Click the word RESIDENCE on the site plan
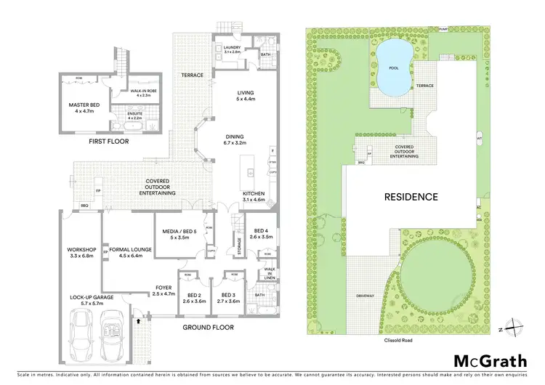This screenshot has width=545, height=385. tap(411, 196)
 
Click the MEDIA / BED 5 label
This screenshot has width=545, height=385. tap(179, 234)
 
